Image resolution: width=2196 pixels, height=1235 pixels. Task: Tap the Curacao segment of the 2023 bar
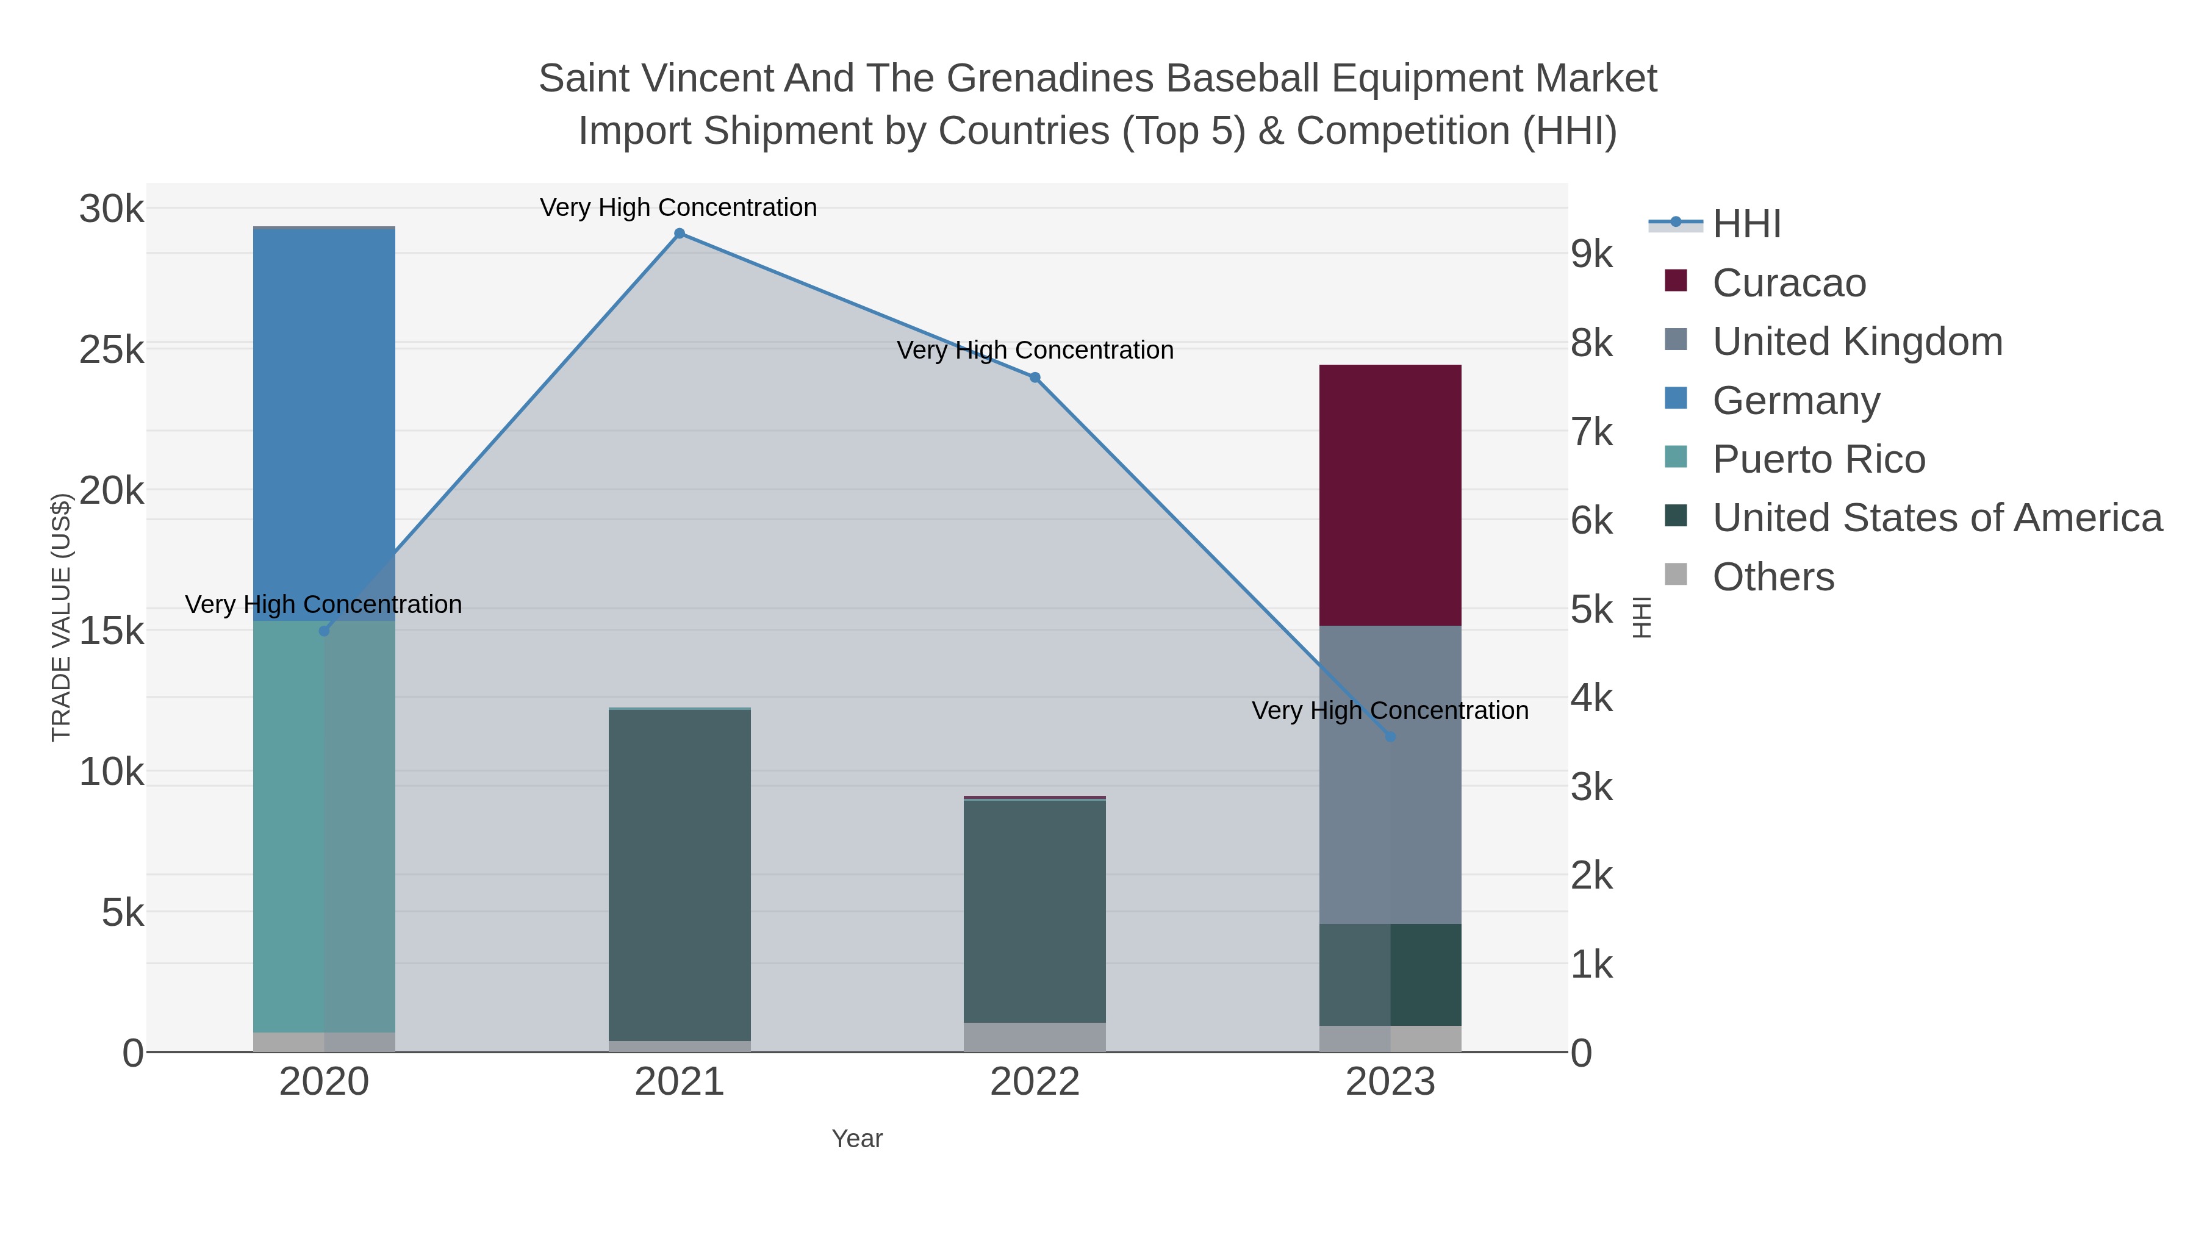point(1390,495)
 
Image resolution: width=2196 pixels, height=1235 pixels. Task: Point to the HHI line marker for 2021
point(680,234)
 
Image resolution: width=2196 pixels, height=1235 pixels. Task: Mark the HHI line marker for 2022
point(1035,378)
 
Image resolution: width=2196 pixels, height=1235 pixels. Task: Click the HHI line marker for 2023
point(1390,736)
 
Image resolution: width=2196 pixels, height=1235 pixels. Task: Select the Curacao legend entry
point(1789,283)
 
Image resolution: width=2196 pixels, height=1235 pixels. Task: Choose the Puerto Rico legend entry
point(1818,459)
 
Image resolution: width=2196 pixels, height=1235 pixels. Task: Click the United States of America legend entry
point(1937,518)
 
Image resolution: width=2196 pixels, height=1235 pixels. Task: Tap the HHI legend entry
point(1746,224)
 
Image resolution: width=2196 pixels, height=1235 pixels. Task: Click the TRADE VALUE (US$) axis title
point(60,617)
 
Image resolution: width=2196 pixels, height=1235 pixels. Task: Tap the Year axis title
point(857,1139)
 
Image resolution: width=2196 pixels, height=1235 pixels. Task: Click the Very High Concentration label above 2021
point(678,207)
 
